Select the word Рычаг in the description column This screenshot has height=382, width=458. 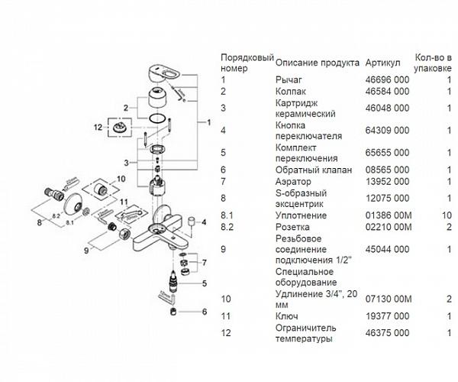point(289,79)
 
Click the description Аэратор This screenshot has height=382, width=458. point(293,181)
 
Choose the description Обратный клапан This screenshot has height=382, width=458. point(313,169)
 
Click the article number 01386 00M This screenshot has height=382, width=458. point(389,215)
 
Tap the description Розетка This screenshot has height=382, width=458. point(292,227)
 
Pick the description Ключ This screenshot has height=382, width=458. point(286,316)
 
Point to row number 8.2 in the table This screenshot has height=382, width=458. point(227,227)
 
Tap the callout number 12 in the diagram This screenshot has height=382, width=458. point(98,127)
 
